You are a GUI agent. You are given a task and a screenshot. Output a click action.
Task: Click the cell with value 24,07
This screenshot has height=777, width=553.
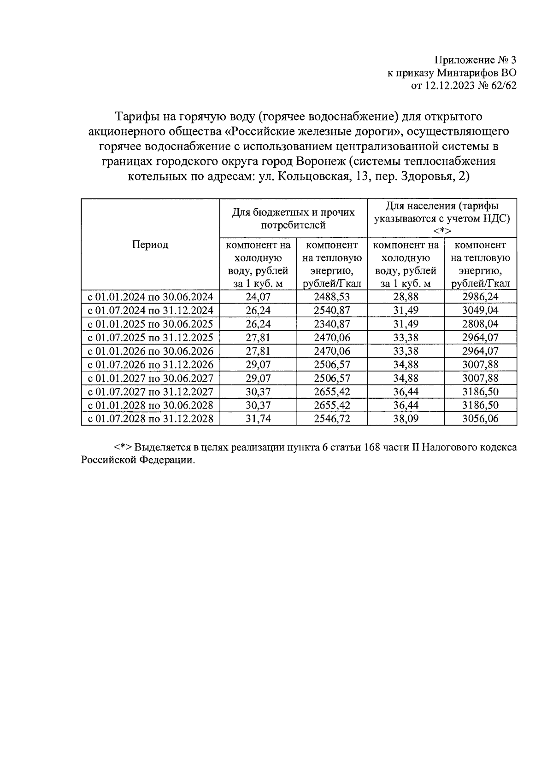pos(258,297)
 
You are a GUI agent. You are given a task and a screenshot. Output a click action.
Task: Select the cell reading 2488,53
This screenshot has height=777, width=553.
pos(332,297)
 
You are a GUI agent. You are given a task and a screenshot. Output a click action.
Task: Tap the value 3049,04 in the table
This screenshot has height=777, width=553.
pos(480,310)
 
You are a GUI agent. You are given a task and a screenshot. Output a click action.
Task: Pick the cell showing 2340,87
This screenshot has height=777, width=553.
pos(332,324)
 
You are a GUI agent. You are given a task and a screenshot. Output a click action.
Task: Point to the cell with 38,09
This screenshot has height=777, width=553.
pos(406,419)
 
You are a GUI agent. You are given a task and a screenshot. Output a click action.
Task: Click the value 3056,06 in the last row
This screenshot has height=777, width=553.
pos(480,419)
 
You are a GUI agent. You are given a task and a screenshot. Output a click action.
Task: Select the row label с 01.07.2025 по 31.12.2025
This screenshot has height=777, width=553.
pos(150,338)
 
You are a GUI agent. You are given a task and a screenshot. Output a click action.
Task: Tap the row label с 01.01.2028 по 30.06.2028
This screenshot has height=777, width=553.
pos(150,405)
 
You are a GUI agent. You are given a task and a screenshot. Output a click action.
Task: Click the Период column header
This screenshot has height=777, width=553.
pos(150,245)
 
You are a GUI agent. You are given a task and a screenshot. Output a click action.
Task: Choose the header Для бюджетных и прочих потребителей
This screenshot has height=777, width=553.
pos(294,218)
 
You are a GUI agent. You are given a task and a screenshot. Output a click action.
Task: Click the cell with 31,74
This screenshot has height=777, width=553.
pos(258,419)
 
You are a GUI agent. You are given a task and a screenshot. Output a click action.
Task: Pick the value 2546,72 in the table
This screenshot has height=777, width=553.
pos(332,419)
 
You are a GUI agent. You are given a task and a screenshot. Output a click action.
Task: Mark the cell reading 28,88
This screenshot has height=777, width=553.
pos(406,297)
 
